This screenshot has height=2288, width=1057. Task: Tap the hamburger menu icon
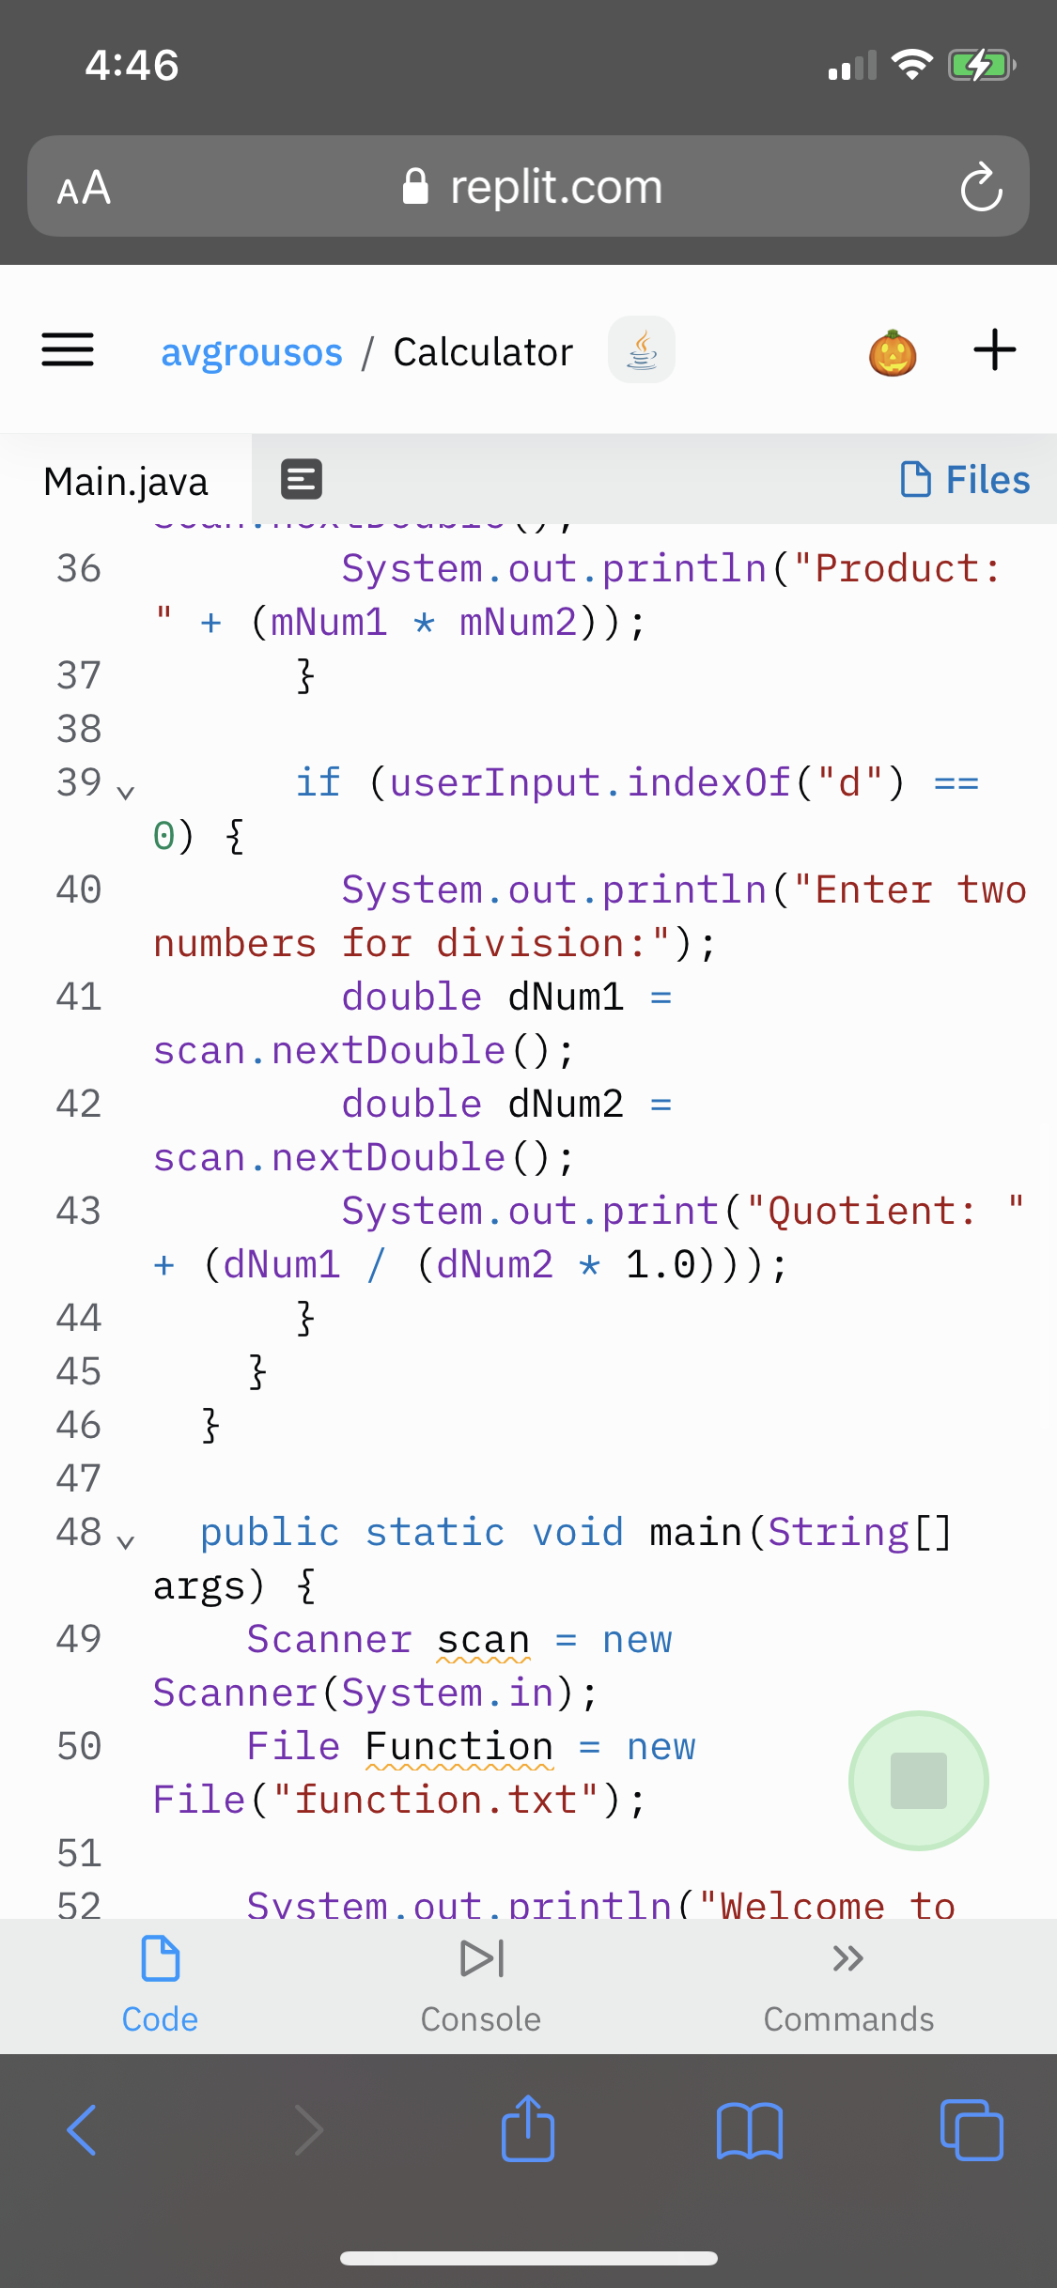pos(68,350)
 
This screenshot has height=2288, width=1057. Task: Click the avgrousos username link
pos(252,352)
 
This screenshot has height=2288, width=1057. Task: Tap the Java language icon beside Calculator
pos(642,350)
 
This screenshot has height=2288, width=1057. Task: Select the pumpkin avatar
pos(893,353)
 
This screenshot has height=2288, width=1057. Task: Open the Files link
pos(966,479)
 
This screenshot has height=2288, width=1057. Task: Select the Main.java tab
pos(126,481)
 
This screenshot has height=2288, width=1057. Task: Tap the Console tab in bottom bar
pos(481,1984)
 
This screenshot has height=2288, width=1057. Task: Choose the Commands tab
pos(848,1984)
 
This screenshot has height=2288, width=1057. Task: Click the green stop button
pos(918,1780)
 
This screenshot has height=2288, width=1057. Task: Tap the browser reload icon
pos(981,187)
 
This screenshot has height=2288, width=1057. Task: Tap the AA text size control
pos(85,188)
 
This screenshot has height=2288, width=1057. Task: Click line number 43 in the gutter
pos(79,1211)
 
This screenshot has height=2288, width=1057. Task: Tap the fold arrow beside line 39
pos(126,791)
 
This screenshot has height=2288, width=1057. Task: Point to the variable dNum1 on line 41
pos(567,997)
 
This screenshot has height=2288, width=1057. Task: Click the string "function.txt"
pos(436,1800)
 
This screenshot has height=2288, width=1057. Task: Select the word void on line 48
pos(578,1532)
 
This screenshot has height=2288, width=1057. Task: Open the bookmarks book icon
pos(749,2130)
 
